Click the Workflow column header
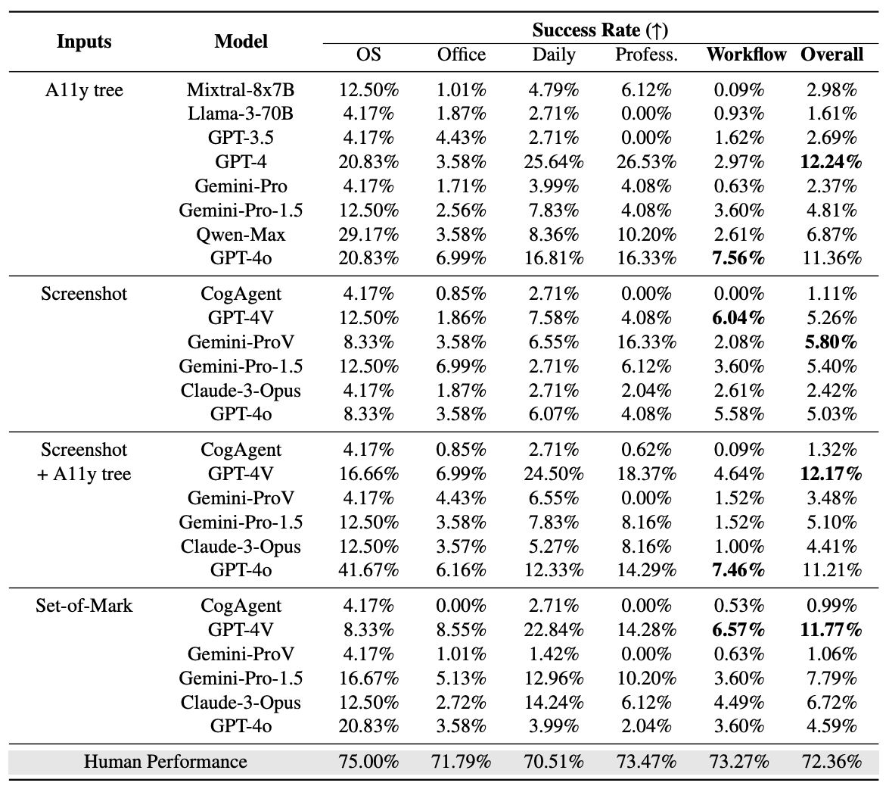(x=746, y=55)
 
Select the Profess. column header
(x=646, y=55)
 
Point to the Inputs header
(x=85, y=41)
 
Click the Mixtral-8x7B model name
(x=241, y=90)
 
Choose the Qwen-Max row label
(x=241, y=234)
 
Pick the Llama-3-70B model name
(x=241, y=114)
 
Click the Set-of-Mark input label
(x=84, y=605)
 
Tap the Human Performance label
(x=165, y=761)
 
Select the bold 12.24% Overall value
(x=831, y=161)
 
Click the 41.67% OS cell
(x=368, y=570)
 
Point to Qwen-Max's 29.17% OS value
(x=368, y=234)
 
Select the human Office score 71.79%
(x=462, y=761)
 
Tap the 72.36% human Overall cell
(x=831, y=761)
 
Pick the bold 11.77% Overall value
(x=831, y=629)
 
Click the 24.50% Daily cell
(x=554, y=474)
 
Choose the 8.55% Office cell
(x=462, y=629)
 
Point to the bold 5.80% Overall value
(x=831, y=342)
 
